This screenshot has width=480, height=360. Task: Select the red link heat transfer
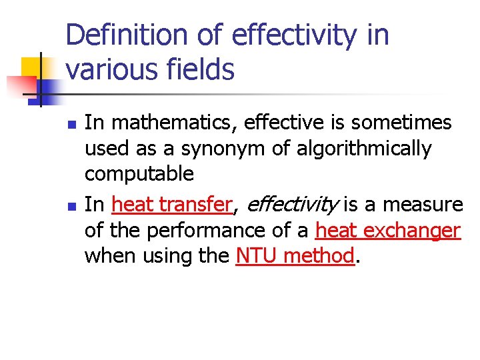click(x=173, y=205)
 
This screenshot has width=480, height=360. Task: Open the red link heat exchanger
click(x=388, y=230)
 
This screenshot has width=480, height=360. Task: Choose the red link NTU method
click(x=295, y=255)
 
